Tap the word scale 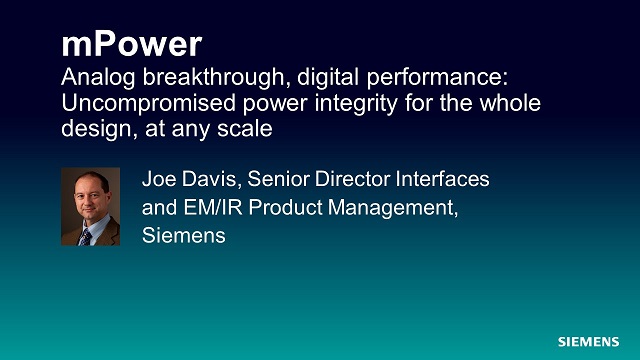(250, 129)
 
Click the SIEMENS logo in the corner (589, 341)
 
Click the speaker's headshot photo (90, 207)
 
